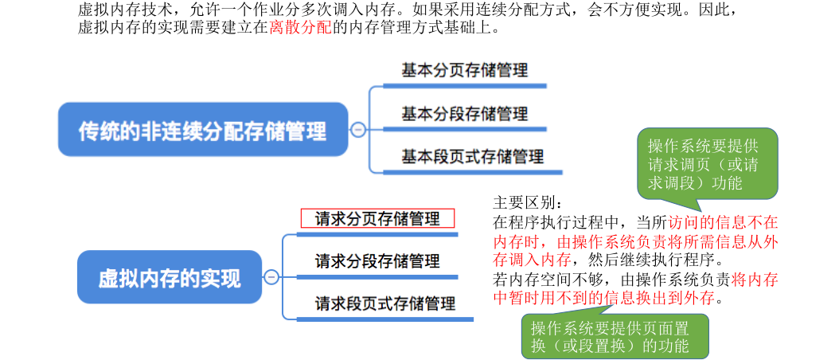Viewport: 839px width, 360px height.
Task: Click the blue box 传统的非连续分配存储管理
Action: pos(203,130)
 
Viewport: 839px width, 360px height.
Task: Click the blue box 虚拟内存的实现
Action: pos(170,277)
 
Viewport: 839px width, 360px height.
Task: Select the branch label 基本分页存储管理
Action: pos(464,70)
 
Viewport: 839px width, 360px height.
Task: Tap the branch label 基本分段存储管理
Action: pos(464,113)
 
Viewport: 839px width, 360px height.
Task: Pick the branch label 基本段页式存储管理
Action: pos(472,156)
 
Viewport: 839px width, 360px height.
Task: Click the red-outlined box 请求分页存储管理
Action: pos(377,218)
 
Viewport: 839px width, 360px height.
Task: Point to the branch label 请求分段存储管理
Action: pos(377,261)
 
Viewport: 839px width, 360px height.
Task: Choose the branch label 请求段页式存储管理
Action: pos(385,303)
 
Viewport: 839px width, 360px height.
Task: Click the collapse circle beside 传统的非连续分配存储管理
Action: pos(358,130)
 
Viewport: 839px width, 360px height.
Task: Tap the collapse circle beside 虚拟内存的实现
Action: pos(271,277)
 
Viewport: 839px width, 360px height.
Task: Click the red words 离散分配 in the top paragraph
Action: pos(299,28)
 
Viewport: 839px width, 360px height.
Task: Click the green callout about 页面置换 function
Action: pos(609,336)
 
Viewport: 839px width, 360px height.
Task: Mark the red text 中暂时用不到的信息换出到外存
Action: pos(608,299)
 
